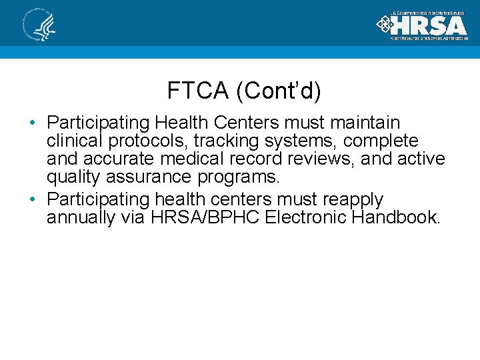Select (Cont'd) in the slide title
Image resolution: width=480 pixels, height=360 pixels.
(278, 91)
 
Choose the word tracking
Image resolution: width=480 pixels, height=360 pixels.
(224, 141)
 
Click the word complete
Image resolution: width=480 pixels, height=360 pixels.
(381, 141)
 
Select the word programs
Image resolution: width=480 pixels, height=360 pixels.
(245, 178)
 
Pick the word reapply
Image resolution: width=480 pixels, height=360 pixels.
(351, 200)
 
